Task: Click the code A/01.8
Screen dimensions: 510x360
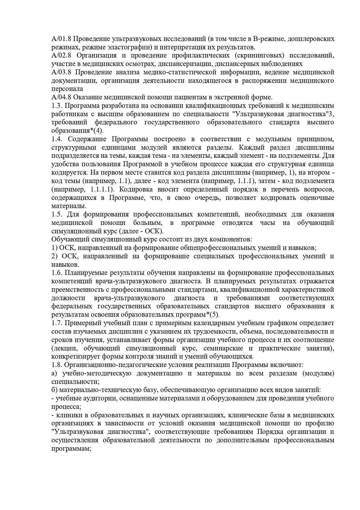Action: [x=62, y=39]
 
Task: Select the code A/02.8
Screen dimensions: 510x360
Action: [x=62, y=56]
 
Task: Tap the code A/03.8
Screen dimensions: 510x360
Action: [x=62, y=72]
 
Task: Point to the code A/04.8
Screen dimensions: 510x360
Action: [x=62, y=97]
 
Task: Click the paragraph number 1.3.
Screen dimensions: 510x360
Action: [x=56, y=105]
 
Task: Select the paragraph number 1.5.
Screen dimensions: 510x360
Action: [x=56, y=214]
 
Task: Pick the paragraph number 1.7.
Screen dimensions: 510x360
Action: [x=56, y=323]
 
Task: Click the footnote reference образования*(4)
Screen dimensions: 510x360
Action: [x=77, y=131]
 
